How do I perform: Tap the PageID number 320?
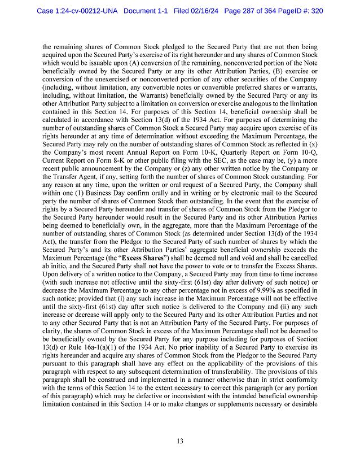315,11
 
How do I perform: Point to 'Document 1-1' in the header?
148,11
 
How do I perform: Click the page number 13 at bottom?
179,441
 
